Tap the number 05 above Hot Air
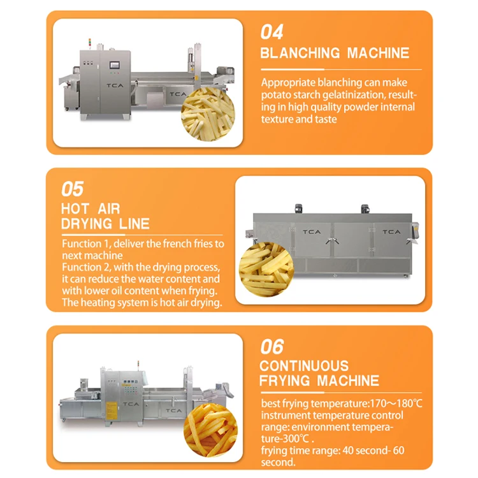(x=73, y=189)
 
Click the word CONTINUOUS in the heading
(x=304, y=366)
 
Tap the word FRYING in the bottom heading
(x=286, y=382)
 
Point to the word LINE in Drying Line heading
(x=134, y=224)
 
